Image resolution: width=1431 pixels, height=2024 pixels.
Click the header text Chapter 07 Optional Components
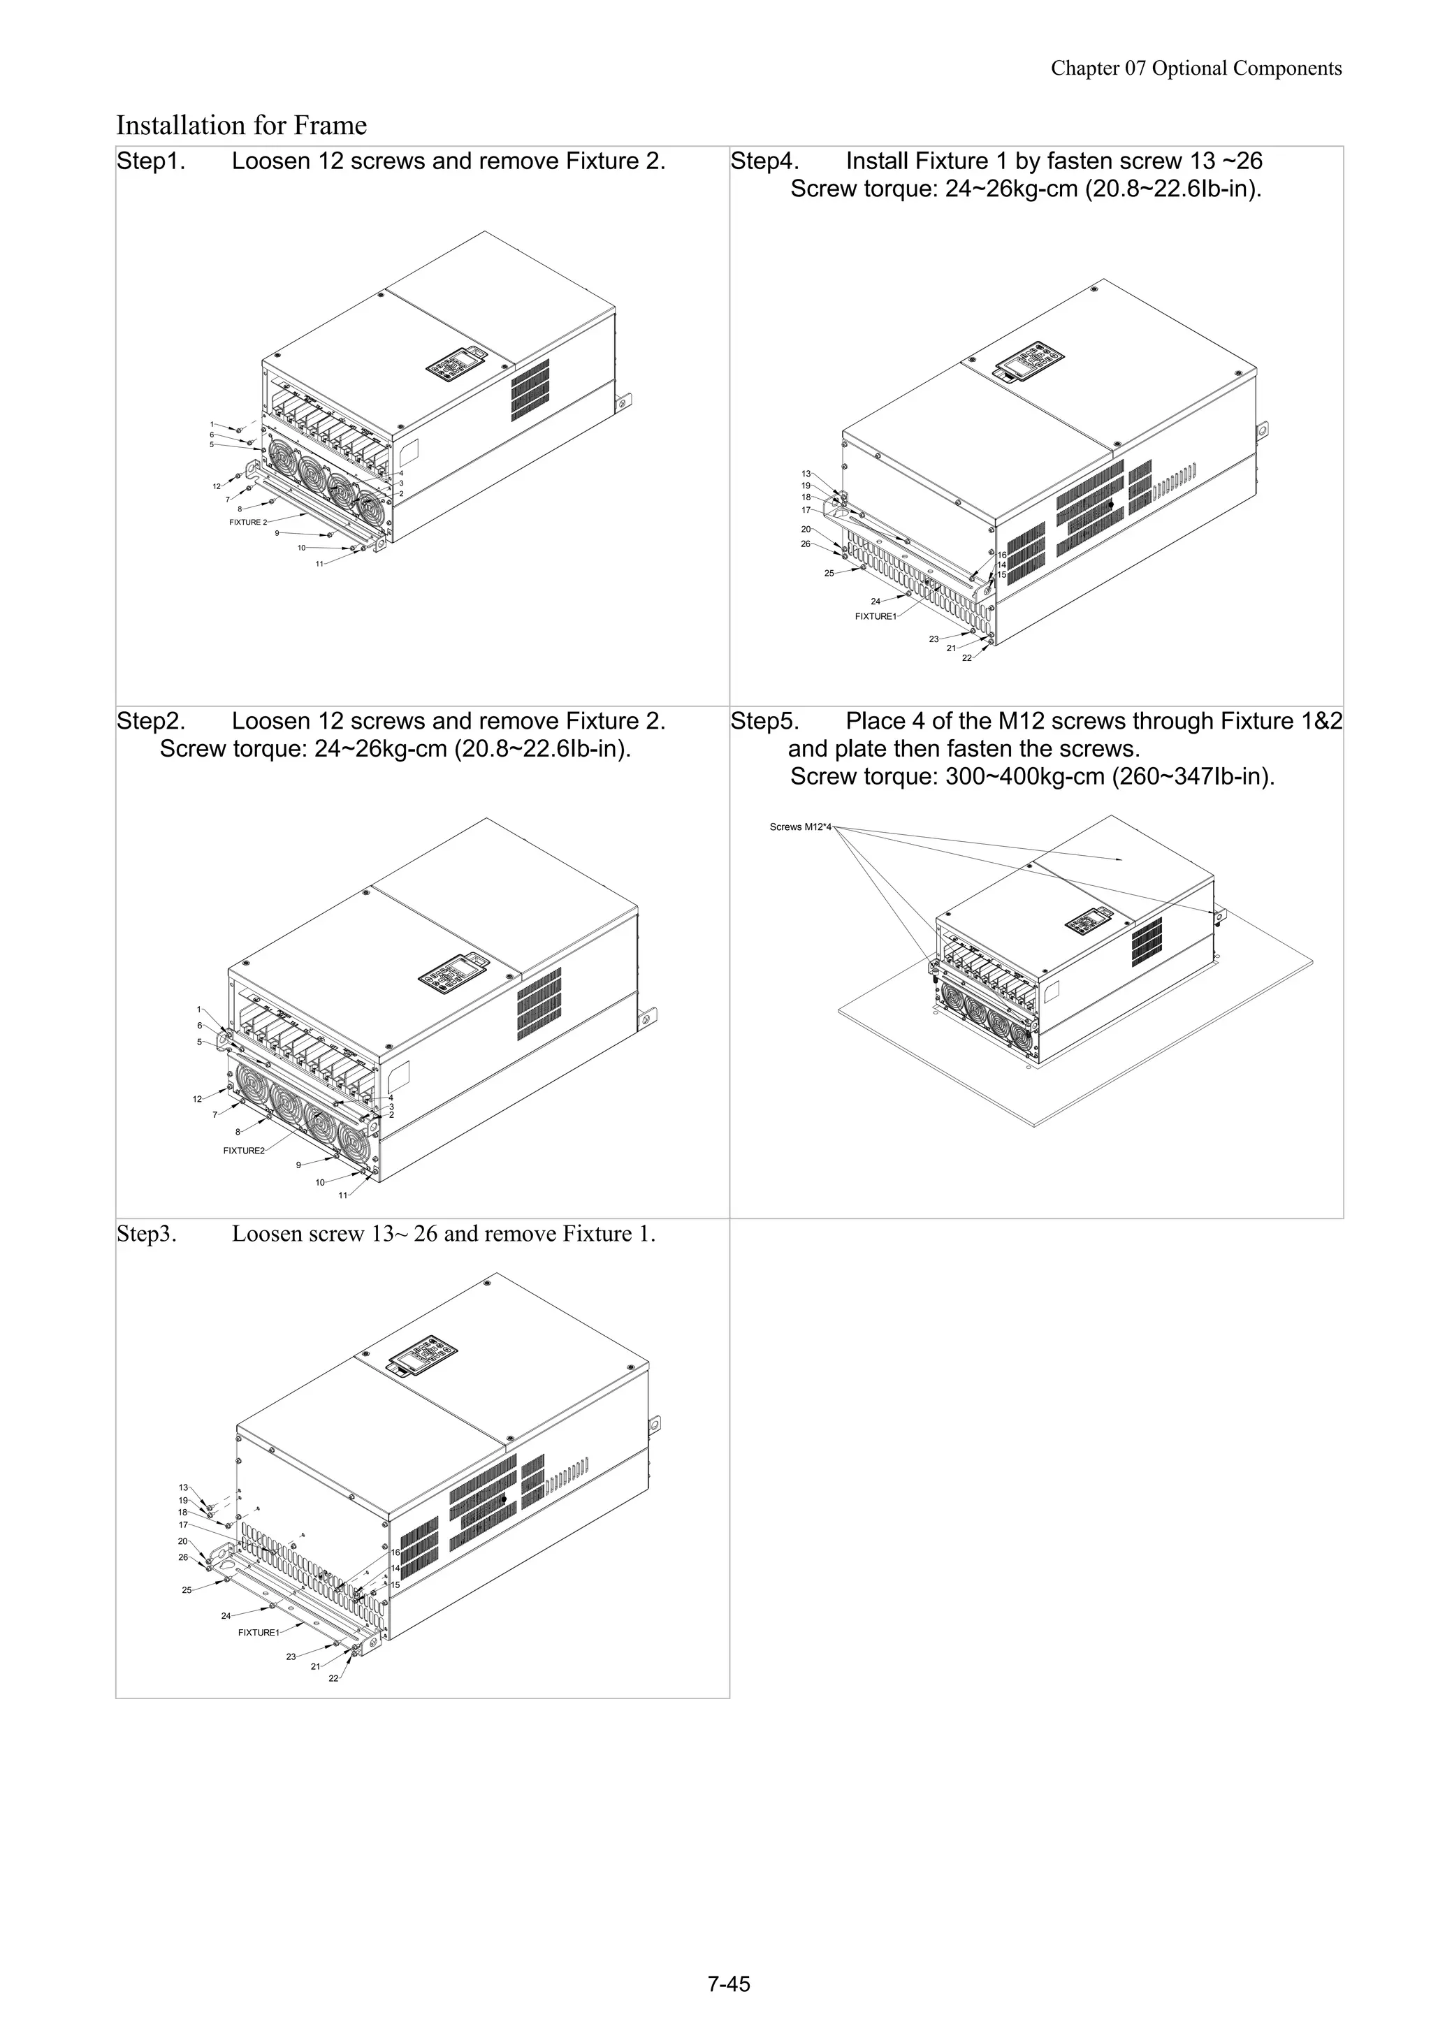point(1196,68)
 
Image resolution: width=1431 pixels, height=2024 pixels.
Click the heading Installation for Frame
point(242,125)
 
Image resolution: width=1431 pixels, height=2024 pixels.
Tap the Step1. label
point(151,161)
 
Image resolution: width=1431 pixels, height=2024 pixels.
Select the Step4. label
point(764,161)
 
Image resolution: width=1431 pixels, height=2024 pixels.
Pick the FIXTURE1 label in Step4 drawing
point(875,616)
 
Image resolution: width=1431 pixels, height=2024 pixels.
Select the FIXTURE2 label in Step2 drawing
point(243,1151)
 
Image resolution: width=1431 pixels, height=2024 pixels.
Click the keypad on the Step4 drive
point(1026,363)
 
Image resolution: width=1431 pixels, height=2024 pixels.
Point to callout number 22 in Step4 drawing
point(966,657)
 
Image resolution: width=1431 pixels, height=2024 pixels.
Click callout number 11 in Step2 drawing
point(343,1195)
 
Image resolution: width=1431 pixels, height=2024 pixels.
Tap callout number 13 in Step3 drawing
point(183,1487)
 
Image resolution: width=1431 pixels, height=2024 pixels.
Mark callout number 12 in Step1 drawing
point(216,486)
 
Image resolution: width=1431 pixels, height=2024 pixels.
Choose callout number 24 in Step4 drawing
point(876,602)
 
